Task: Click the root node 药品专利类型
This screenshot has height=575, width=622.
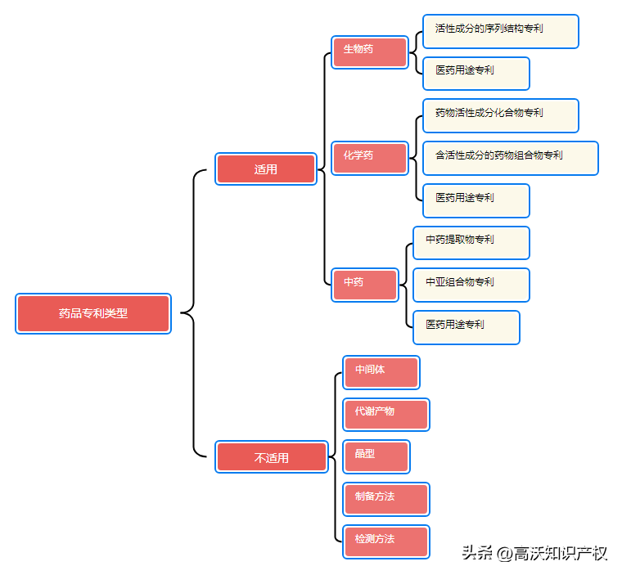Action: [93, 313]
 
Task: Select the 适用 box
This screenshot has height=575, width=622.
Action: [266, 169]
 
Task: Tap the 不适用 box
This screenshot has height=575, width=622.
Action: [272, 457]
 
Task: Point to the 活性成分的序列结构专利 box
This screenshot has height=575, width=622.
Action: [500, 31]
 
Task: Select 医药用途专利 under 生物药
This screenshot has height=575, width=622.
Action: [476, 73]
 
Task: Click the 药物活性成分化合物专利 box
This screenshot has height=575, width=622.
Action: [500, 115]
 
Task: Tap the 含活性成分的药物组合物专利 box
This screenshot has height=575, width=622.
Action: [510, 158]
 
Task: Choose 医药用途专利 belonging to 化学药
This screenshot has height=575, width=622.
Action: [476, 200]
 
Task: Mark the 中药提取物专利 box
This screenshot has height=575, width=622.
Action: [471, 242]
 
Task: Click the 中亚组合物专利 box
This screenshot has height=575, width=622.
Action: [471, 285]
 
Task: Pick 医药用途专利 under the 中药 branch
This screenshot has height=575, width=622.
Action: [466, 327]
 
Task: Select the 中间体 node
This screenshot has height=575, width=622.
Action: [381, 372]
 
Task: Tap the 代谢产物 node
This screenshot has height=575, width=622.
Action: [385, 415]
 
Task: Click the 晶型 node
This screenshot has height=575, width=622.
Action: [376, 456]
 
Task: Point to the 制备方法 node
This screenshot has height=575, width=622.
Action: [385, 499]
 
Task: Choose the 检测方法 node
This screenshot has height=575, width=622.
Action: [385, 541]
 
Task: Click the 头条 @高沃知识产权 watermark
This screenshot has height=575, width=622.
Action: [534, 553]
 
